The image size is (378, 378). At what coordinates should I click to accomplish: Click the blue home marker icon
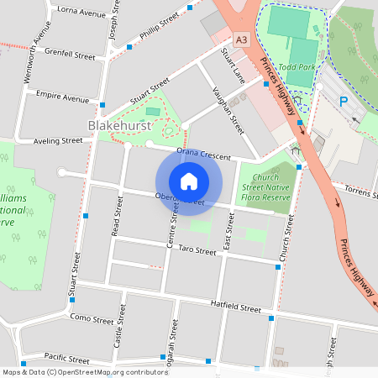[x=189, y=181]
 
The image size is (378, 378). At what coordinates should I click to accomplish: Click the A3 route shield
[x=242, y=39]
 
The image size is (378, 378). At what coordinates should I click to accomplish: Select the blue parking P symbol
[x=343, y=102]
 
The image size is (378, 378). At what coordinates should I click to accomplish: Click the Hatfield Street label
[x=236, y=308]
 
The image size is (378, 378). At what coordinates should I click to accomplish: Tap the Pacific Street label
[x=66, y=358]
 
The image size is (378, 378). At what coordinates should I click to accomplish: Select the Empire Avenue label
[x=62, y=97]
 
